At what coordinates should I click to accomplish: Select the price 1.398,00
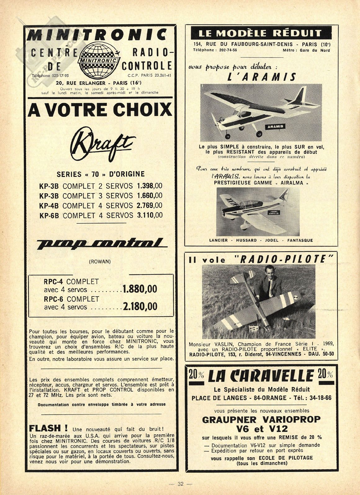(149, 186)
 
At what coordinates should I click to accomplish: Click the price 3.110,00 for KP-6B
(150, 215)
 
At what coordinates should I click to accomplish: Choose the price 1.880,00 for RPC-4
(140, 289)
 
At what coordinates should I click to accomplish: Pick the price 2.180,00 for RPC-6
(140, 306)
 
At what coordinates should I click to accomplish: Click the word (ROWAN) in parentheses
(100, 261)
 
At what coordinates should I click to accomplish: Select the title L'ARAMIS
(261, 77)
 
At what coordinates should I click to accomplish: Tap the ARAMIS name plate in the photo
(275, 127)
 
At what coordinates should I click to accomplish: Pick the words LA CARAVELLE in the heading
(261, 376)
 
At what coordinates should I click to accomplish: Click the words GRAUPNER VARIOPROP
(261, 420)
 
